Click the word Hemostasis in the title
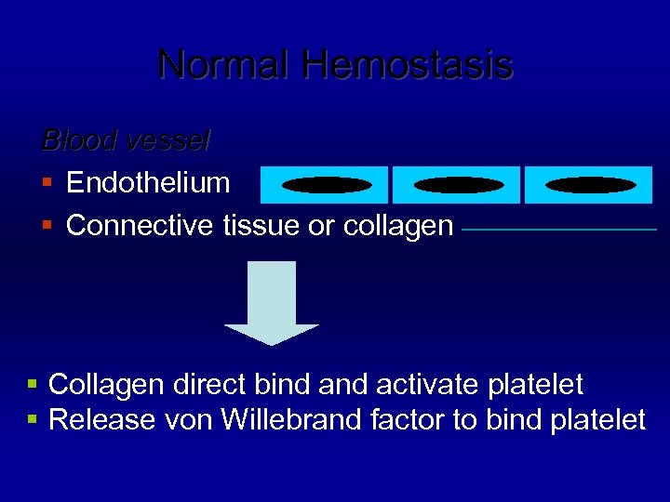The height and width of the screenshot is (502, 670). click(407, 65)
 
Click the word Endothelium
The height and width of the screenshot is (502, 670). click(148, 182)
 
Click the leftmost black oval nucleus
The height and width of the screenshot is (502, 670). click(326, 185)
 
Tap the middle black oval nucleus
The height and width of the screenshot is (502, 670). click(458, 185)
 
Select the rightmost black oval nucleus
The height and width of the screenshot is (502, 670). click(590, 185)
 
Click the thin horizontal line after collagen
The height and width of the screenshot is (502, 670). click(558, 229)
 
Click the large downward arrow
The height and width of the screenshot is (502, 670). click(272, 302)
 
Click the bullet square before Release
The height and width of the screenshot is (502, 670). click(33, 420)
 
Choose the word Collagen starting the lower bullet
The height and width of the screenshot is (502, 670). click(100, 384)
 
